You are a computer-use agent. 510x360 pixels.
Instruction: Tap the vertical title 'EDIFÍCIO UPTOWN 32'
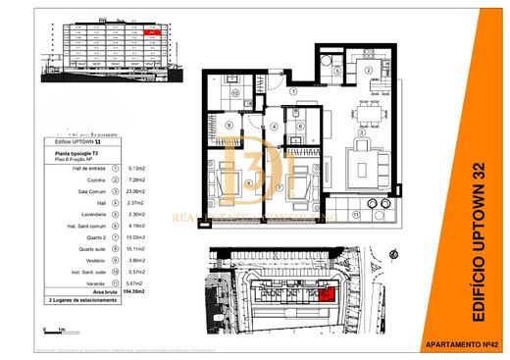pyautogui.click(x=480, y=239)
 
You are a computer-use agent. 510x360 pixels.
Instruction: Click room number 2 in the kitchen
pyautogui.click(x=368, y=72)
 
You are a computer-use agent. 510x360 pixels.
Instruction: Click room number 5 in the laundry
pyautogui.click(x=334, y=72)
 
